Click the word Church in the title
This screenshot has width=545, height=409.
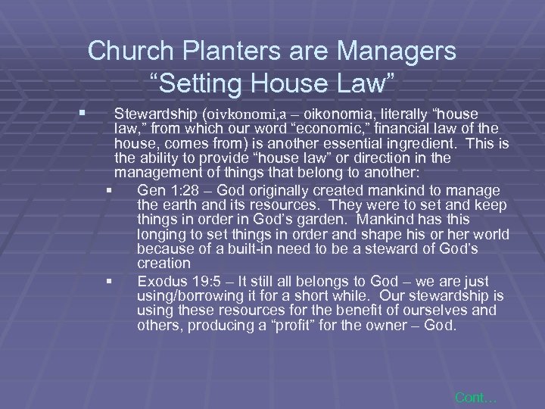(x=128, y=52)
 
